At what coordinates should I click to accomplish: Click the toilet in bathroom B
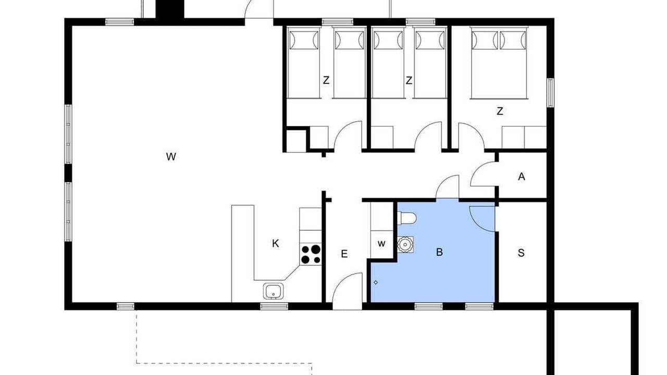[x=407, y=218]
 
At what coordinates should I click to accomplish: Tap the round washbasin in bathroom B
[x=405, y=245]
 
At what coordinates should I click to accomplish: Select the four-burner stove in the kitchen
[x=311, y=254]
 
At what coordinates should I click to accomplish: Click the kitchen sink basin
[x=273, y=291]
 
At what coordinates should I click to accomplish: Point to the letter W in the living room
[x=171, y=157]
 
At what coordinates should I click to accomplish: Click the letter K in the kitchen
[x=276, y=243]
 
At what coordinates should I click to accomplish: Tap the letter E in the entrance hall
[x=344, y=254]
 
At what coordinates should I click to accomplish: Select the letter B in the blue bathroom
[x=439, y=252]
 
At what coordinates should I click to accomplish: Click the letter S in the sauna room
[x=521, y=253]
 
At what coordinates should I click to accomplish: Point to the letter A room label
[x=522, y=177]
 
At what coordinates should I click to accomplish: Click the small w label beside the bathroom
[x=381, y=244]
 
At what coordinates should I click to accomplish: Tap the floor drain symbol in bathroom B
[x=376, y=282]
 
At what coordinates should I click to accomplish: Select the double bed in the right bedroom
[x=499, y=63]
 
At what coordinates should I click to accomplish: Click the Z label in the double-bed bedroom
[x=500, y=111]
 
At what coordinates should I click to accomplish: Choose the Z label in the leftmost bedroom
[x=326, y=80]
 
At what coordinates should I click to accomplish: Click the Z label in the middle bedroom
[x=409, y=80]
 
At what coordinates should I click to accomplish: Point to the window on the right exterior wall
[x=551, y=93]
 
